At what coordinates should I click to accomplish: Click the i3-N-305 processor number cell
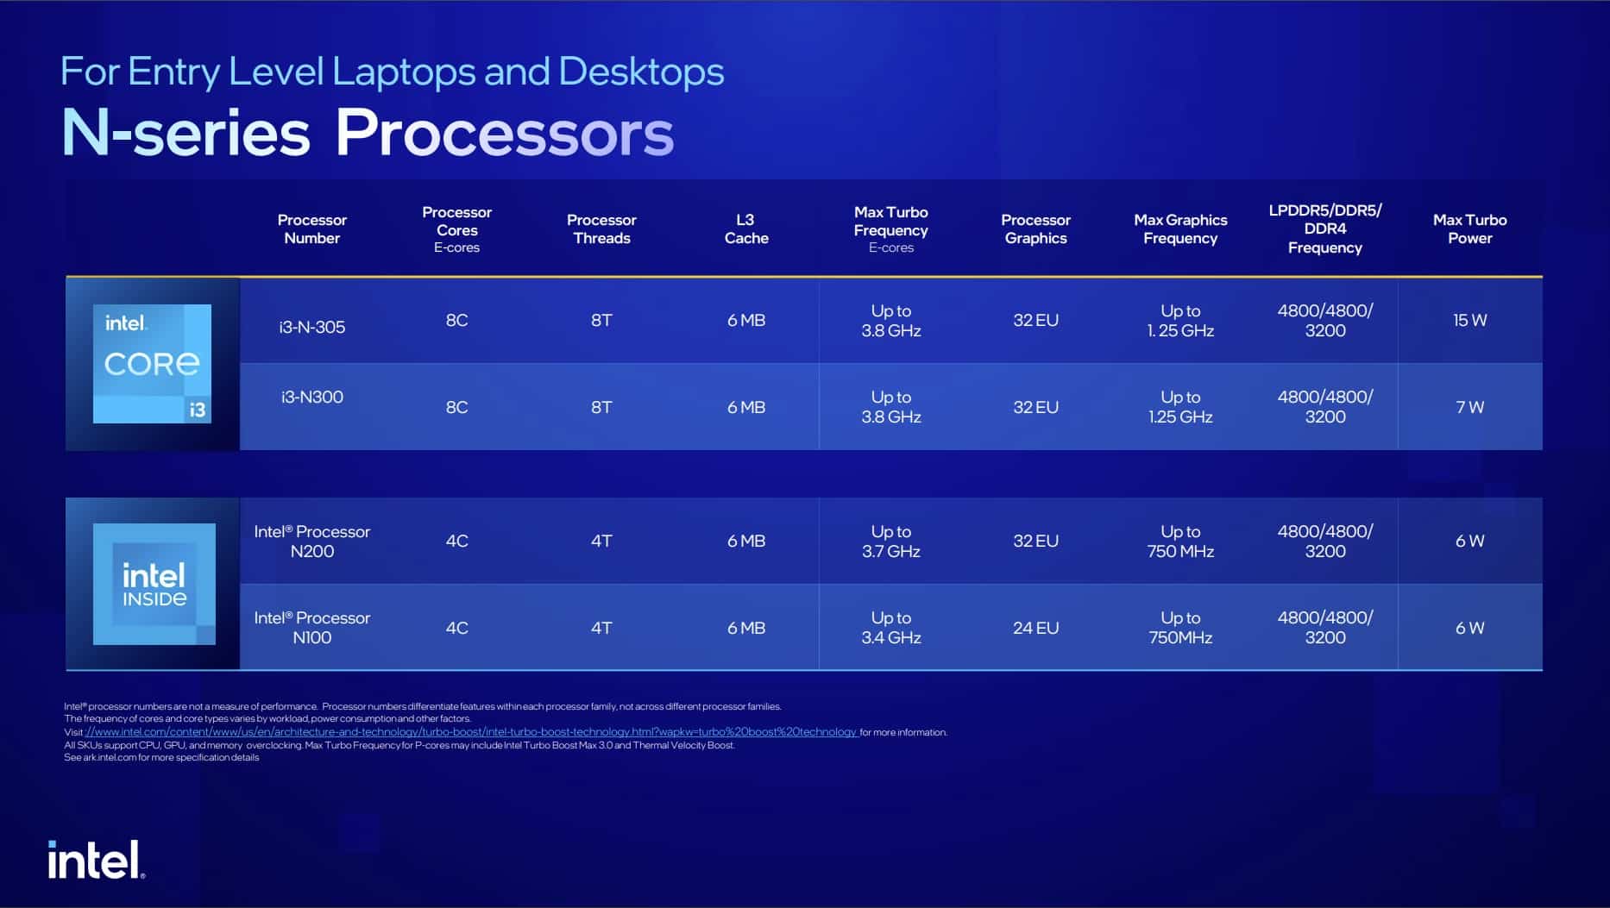tap(311, 327)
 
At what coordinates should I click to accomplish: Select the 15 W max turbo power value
tap(1469, 320)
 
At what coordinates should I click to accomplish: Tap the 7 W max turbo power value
tap(1469, 407)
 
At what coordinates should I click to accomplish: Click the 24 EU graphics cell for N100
tap(1035, 628)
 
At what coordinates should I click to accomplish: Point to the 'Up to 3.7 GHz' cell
tap(890, 542)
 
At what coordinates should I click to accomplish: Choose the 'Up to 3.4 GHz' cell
tap(890, 628)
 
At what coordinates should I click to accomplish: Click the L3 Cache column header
tap(745, 229)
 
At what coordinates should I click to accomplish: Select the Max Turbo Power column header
tap(1469, 229)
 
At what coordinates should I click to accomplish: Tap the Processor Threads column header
tap(601, 229)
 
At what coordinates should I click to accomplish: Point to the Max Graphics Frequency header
tap(1180, 229)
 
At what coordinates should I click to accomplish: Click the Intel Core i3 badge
tap(152, 364)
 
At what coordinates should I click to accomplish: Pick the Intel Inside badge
tap(154, 584)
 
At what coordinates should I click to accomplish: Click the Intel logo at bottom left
tap(96, 860)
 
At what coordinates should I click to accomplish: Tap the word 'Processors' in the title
tap(504, 133)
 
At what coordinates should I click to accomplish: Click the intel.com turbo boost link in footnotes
tap(471, 732)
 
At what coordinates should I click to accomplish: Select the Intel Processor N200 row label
tap(311, 542)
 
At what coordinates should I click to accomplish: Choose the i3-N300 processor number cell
tap(311, 397)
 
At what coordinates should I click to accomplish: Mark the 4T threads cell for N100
tap(601, 628)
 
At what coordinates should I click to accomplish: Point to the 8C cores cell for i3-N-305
tap(456, 320)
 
